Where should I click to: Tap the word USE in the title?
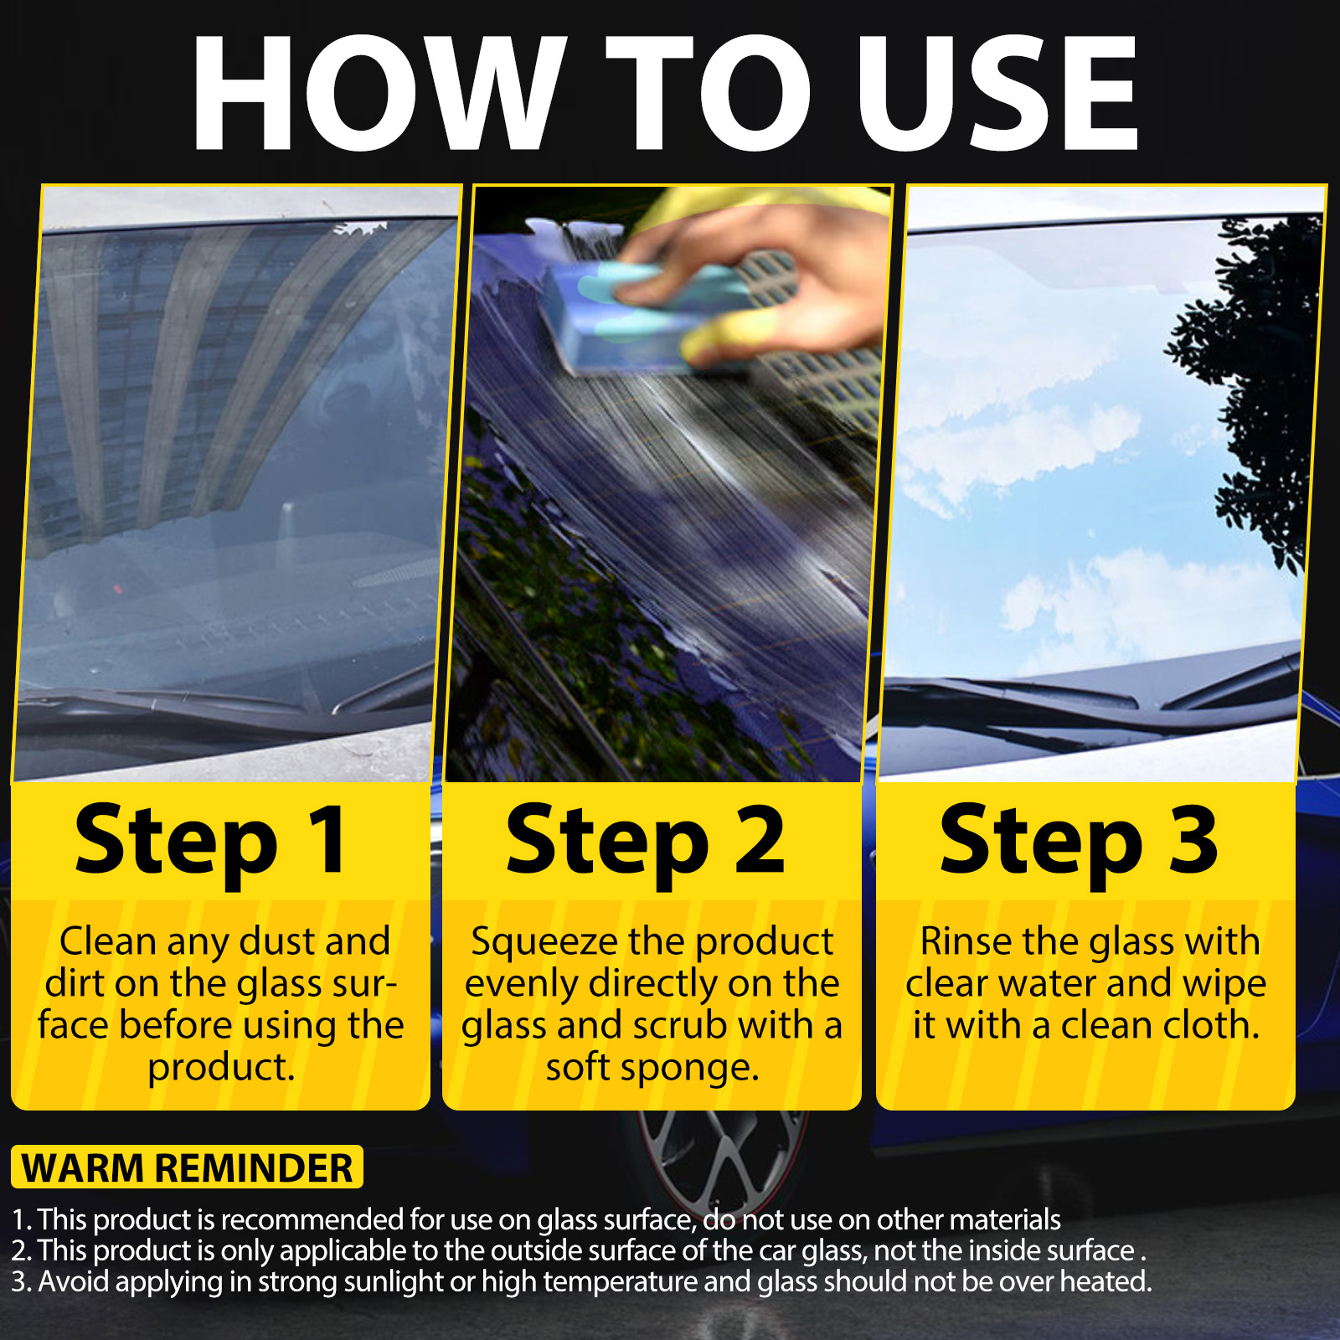(x=997, y=93)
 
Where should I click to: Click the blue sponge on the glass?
(x=645, y=315)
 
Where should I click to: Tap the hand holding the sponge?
(x=754, y=276)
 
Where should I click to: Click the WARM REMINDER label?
(x=187, y=1167)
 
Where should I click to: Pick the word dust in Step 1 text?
(x=276, y=941)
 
